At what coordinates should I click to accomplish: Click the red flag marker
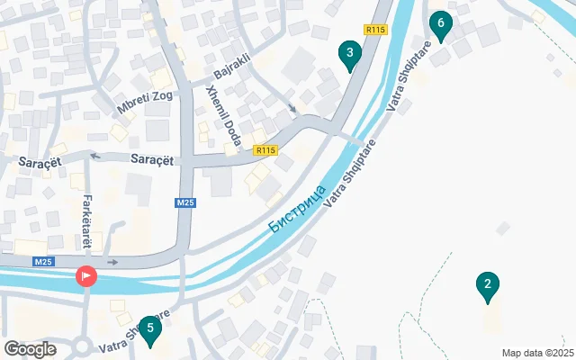[86, 276]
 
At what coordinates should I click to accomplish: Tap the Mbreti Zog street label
[143, 100]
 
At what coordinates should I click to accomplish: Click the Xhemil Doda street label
[223, 126]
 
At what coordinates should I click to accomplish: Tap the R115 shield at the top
[375, 30]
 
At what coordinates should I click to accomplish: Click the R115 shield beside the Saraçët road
[264, 150]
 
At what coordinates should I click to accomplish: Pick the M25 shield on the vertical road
[185, 203]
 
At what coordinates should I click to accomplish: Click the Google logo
[31, 348]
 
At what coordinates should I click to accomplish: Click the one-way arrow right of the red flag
[112, 262]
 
